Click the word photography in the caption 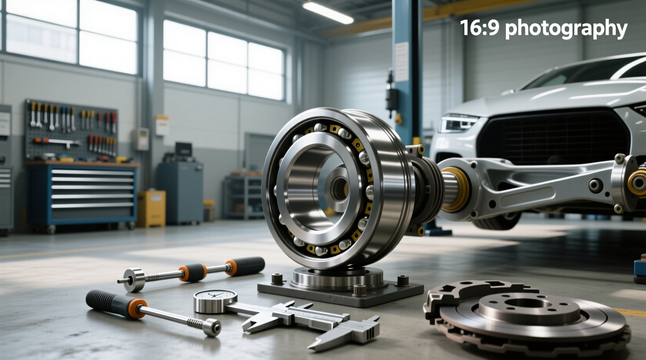click(x=566, y=28)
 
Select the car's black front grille click(x=551, y=136)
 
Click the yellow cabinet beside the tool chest click(x=151, y=208)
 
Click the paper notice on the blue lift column click(x=402, y=62)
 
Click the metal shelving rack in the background click(x=243, y=196)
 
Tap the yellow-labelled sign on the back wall click(x=162, y=125)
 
